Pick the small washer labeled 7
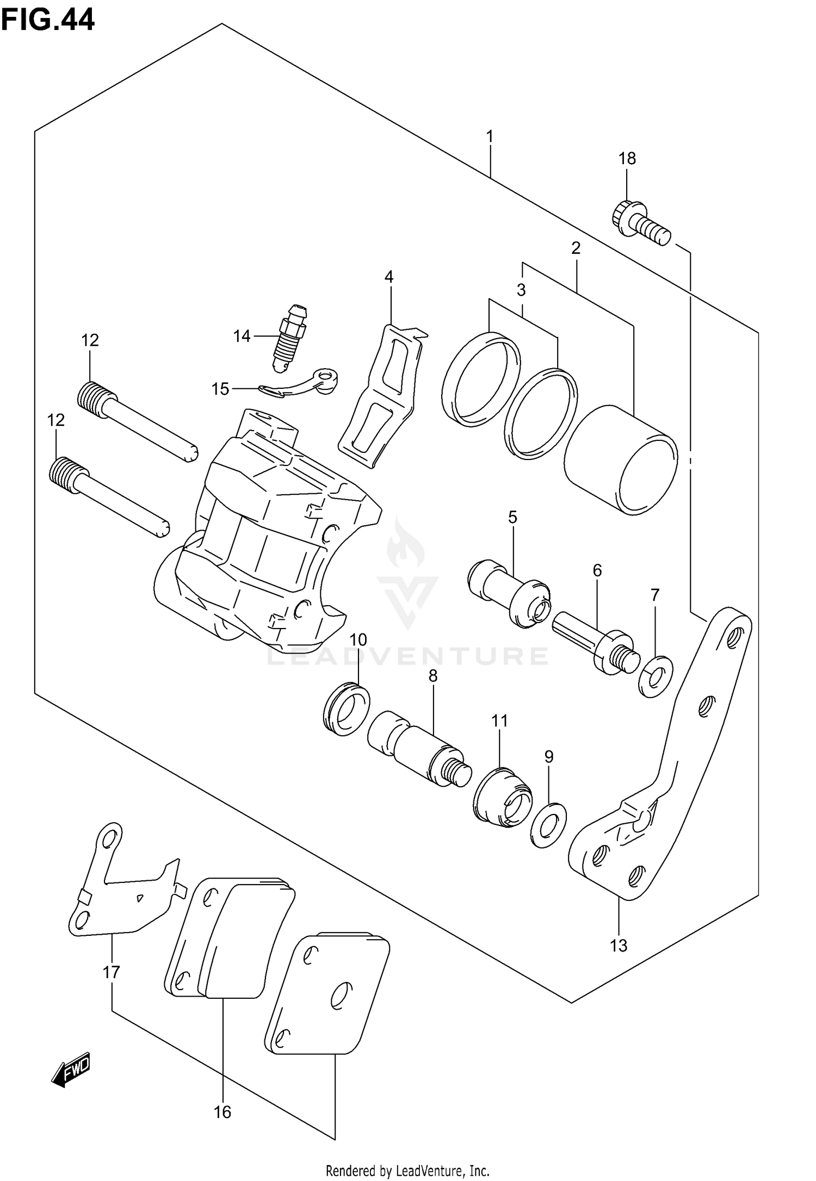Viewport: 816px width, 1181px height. tap(655, 676)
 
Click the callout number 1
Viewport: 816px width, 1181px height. tap(490, 136)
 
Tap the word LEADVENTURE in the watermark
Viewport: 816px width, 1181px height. tap(407, 656)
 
